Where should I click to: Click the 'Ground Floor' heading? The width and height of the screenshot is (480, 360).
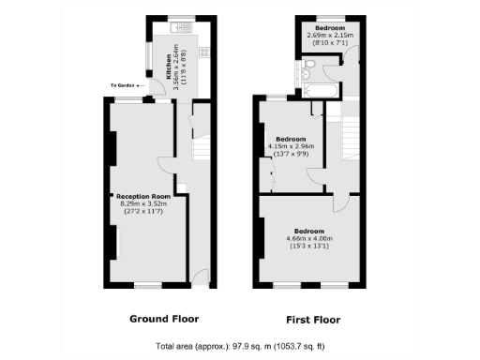(163, 319)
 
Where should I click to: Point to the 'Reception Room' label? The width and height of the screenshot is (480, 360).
(141, 196)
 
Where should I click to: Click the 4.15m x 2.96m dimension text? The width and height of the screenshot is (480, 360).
(291, 146)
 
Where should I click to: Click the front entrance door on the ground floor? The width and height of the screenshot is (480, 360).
(200, 275)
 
